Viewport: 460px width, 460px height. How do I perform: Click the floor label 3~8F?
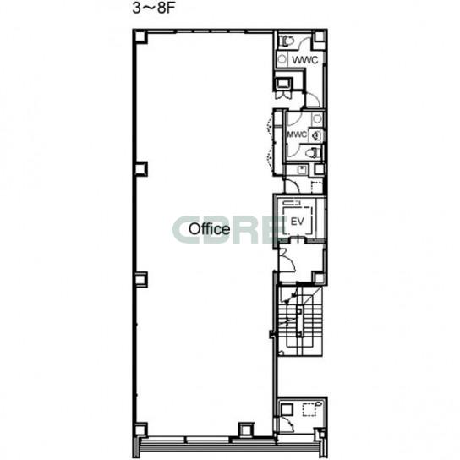click(x=153, y=8)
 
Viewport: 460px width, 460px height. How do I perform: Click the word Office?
click(x=209, y=229)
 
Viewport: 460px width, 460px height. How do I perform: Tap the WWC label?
click(x=304, y=60)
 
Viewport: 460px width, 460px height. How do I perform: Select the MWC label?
click(x=297, y=134)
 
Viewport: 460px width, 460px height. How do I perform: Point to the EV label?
click(x=297, y=222)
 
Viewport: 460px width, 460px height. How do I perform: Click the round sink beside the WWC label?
click(x=282, y=59)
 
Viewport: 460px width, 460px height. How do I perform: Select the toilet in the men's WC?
click(x=313, y=153)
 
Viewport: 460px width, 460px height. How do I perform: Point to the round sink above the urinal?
click(x=317, y=119)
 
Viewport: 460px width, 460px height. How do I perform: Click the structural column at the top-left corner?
click(x=140, y=37)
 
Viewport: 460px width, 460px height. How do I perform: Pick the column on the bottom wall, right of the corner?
click(x=246, y=430)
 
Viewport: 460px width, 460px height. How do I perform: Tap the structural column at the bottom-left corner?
click(x=140, y=430)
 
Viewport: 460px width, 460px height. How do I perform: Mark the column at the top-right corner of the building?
click(x=319, y=36)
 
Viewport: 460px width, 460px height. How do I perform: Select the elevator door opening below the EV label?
click(x=298, y=238)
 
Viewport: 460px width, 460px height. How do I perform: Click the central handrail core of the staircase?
click(x=299, y=321)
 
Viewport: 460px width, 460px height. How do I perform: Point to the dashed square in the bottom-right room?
click(x=309, y=409)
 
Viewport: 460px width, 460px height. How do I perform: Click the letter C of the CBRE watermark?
click(x=186, y=229)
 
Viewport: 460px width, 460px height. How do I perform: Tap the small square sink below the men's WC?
click(x=301, y=170)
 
